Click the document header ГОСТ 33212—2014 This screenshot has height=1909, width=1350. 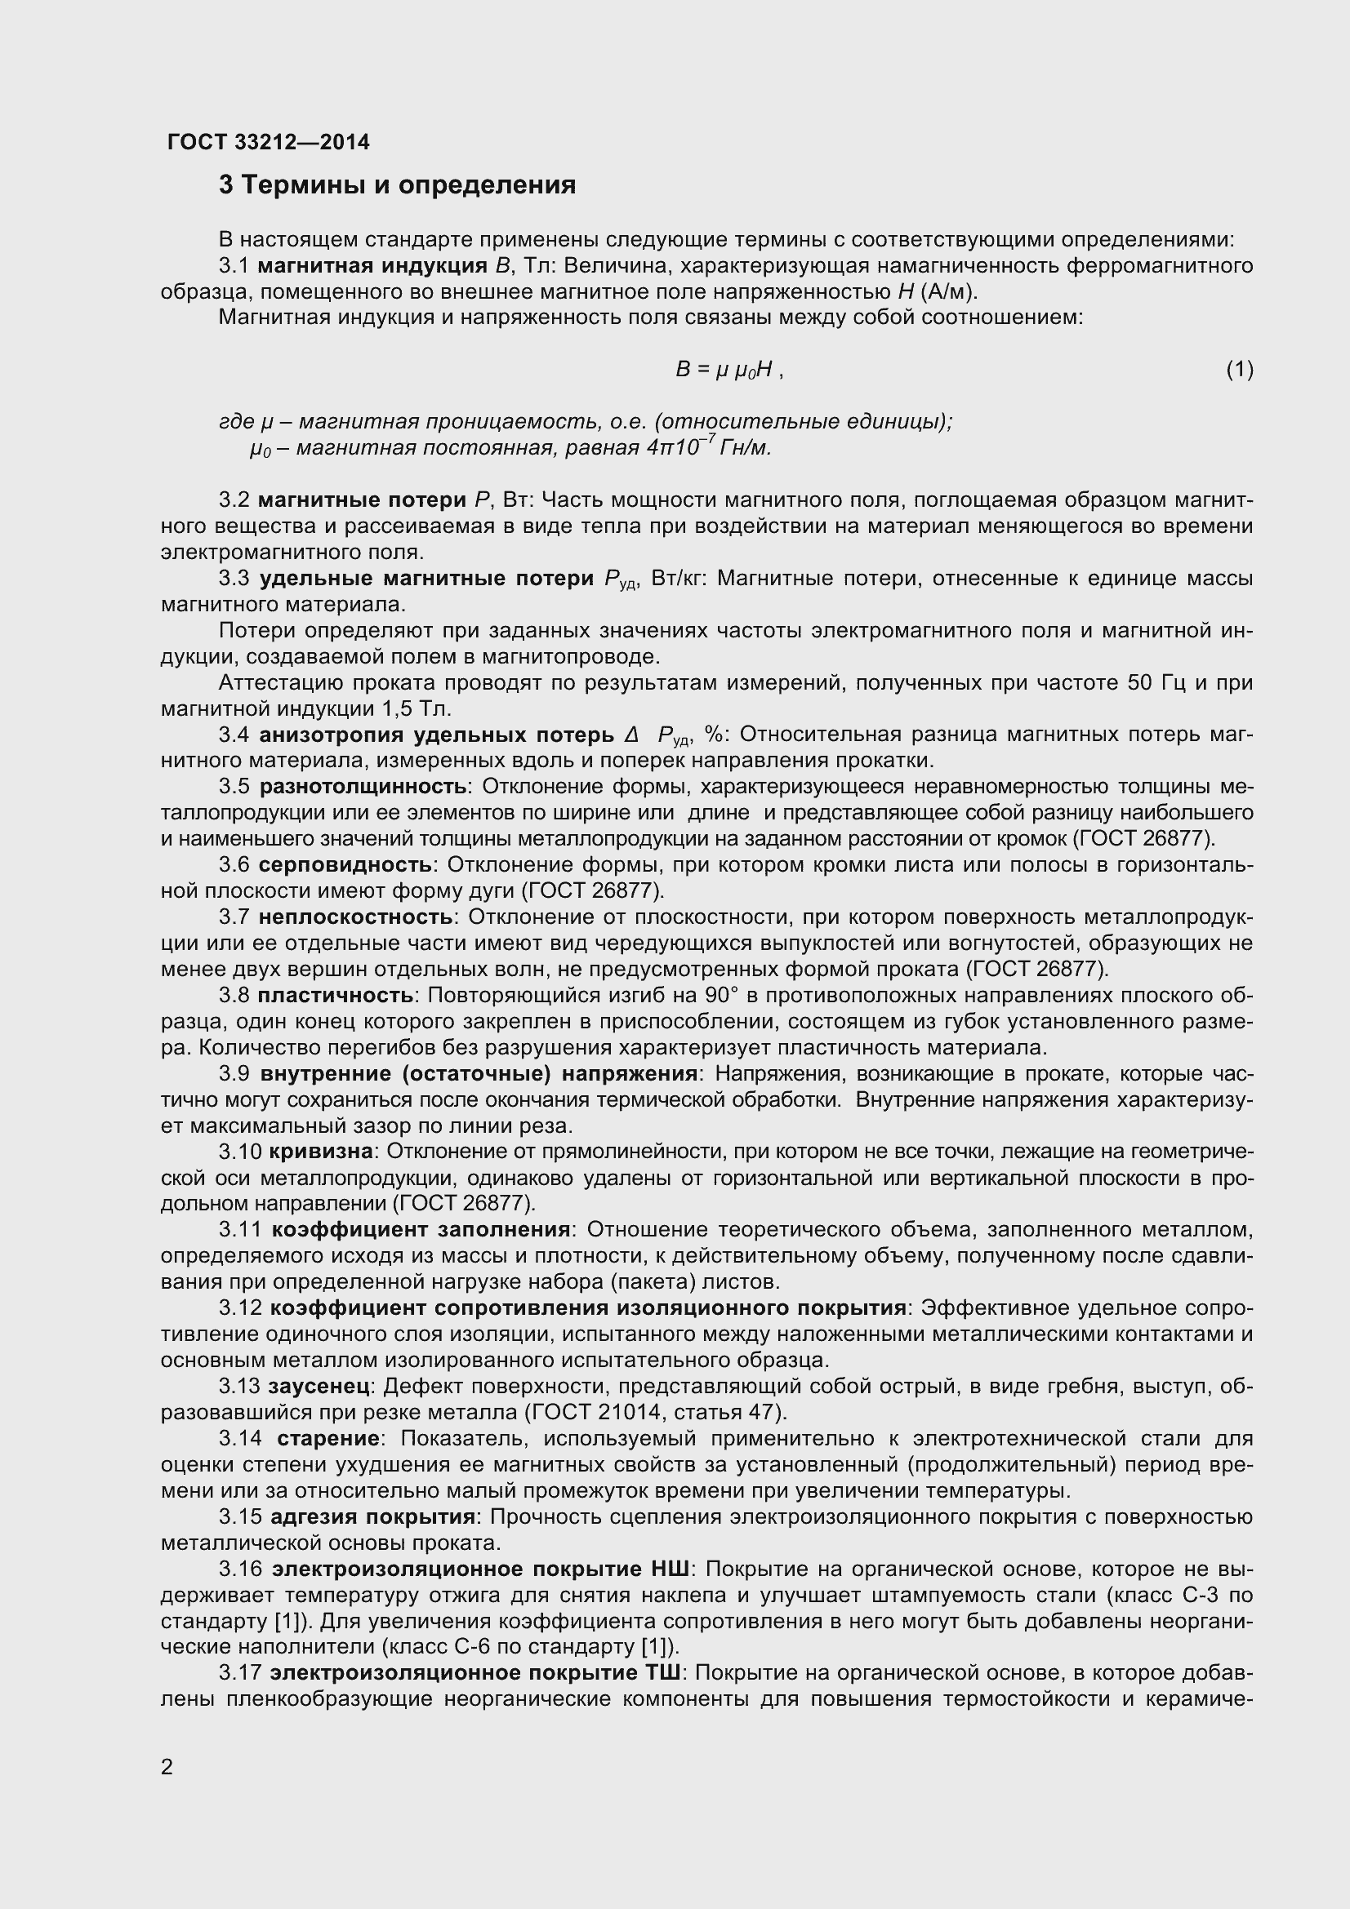[x=269, y=142]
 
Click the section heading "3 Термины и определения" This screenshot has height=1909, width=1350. [x=398, y=184]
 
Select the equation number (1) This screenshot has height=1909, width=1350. [x=1240, y=369]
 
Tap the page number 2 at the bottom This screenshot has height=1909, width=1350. [x=167, y=1767]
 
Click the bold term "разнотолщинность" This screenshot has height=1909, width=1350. [x=363, y=787]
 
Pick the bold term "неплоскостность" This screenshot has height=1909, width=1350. [x=356, y=917]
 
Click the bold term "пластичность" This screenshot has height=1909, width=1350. [x=335, y=995]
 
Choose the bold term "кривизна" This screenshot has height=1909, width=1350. [x=320, y=1152]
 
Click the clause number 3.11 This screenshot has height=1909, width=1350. [x=240, y=1230]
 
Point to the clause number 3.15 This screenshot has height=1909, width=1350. [x=240, y=1517]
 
